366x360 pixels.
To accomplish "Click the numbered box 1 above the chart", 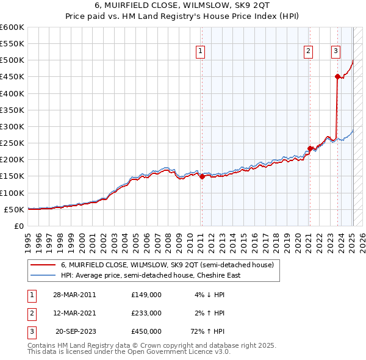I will (x=201, y=51).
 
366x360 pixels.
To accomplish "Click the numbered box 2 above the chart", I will (x=309, y=51).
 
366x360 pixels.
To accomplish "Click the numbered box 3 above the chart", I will (x=336, y=51).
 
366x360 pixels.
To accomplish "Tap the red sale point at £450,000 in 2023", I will (x=337, y=76).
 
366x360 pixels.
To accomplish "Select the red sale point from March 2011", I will (x=202, y=176).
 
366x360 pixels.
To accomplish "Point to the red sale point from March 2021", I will (x=310, y=148).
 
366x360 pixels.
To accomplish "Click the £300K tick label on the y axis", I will (x=12, y=126).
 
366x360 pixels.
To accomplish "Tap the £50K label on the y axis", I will (x=13, y=209).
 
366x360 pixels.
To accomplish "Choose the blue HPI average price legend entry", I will (x=150, y=275).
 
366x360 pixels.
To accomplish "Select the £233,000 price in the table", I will (x=146, y=313).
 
